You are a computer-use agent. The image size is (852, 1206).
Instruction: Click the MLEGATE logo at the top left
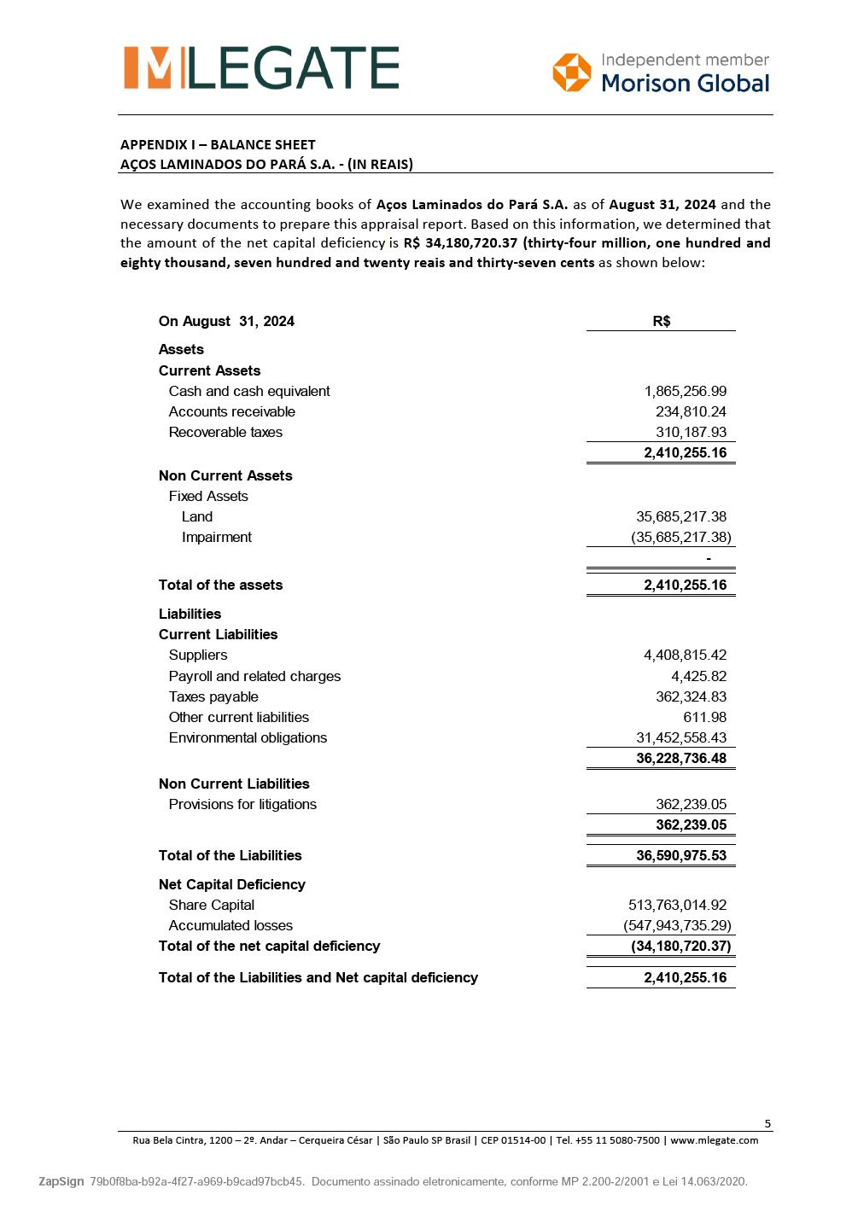pos(261,68)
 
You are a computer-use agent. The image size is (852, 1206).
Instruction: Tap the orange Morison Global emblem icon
pos(571,72)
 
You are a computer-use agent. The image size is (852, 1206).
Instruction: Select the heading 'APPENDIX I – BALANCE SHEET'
pos(218,144)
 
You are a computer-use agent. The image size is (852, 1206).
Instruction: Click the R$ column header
pos(661,321)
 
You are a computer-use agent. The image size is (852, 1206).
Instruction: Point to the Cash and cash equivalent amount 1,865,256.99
pos(685,391)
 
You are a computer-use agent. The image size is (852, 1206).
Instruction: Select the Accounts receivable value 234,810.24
pos(691,411)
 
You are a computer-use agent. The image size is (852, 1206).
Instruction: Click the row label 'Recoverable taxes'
pos(225,432)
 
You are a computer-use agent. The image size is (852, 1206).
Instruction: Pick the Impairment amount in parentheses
pos(680,537)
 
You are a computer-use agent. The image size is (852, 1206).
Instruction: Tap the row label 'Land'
pos(197,516)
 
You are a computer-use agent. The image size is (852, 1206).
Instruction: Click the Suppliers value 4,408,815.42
pos(685,655)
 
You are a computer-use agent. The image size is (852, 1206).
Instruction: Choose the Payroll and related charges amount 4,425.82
pos(698,676)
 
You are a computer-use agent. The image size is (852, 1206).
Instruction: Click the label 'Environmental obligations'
pos(248,737)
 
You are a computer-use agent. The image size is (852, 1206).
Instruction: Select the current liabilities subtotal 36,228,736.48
pos(680,758)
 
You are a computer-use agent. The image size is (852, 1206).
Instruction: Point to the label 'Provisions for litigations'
pos(242,804)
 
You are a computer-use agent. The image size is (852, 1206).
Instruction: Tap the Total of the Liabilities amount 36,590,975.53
pos(680,855)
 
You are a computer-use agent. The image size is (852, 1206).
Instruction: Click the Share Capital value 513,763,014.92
pos(677,905)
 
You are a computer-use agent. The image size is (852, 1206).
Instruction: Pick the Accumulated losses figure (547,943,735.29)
pos(677,925)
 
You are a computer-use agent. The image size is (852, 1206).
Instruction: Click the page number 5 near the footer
pos(767,1123)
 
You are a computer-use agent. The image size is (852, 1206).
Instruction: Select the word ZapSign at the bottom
pos(61,1181)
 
